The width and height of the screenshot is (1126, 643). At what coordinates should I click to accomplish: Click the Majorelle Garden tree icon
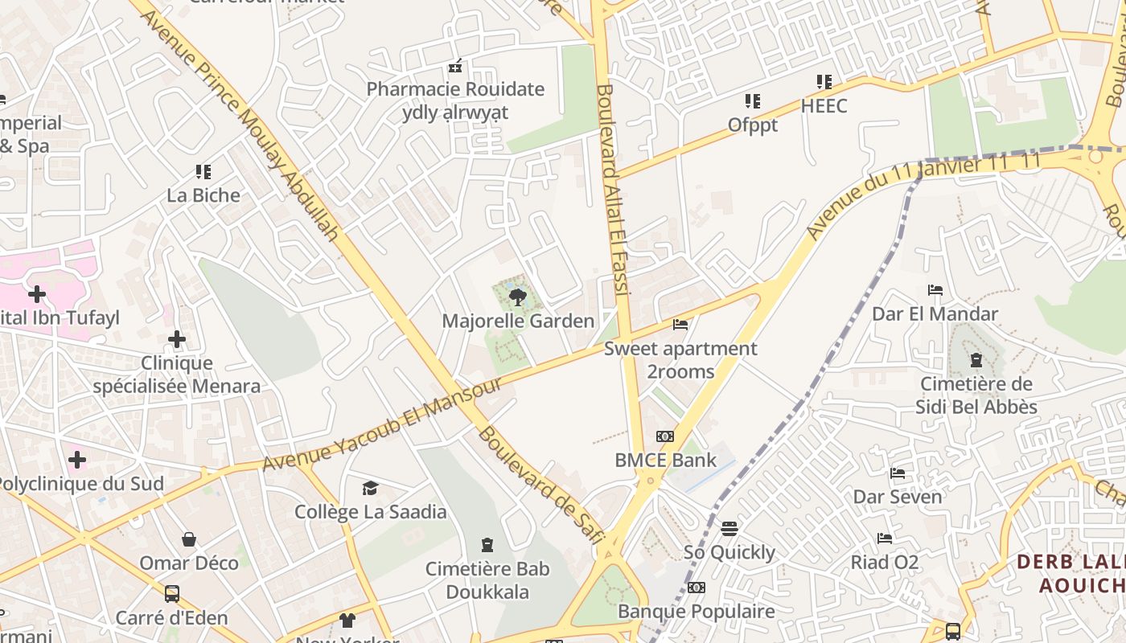(518, 297)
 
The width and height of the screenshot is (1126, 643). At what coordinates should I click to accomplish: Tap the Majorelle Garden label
(518, 321)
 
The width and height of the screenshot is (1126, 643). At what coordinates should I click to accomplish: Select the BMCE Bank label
(665, 461)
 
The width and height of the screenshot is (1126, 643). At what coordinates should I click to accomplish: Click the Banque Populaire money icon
(697, 588)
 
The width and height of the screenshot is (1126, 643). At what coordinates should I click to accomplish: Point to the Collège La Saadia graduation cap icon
(370, 488)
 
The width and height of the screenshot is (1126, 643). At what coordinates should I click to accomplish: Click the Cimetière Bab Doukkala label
(487, 580)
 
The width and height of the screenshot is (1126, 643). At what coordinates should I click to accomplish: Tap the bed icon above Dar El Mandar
(935, 290)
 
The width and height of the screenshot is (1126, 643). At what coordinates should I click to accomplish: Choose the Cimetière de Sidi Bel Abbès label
(976, 395)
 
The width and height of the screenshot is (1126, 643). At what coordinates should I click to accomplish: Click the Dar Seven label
(898, 497)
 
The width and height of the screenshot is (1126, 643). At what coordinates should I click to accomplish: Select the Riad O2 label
(885, 562)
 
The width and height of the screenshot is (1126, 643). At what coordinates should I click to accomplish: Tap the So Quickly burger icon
(729, 528)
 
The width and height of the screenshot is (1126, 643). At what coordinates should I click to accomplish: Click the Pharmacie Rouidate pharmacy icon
(455, 66)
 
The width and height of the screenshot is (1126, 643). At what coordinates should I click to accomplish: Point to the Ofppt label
(753, 125)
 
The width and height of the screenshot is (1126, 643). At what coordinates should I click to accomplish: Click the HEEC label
(824, 106)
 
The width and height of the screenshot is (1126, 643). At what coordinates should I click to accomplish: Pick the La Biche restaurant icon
(203, 171)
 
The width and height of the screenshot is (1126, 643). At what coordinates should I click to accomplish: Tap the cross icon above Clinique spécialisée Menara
(177, 340)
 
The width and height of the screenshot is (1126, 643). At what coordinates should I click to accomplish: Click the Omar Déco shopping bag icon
(189, 539)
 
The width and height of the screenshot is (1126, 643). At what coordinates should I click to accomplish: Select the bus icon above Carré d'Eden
(171, 594)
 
